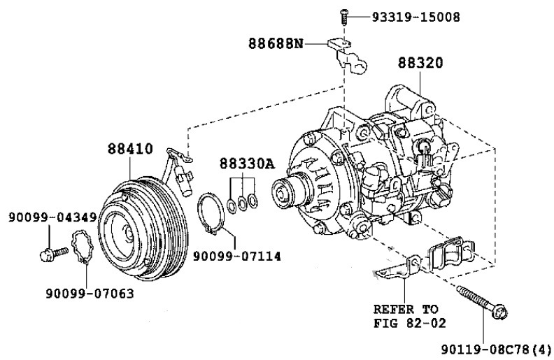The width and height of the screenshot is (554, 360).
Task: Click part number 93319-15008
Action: [416, 17]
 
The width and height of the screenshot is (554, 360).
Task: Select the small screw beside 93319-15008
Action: [343, 17]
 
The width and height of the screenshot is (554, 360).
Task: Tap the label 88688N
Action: [276, 44]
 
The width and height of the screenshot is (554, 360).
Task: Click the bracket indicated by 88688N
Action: [349, 56]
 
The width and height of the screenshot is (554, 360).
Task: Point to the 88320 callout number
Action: [420, 63]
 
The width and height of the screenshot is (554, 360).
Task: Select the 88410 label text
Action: [130, 149]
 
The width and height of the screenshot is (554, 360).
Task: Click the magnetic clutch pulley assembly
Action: [143, 229]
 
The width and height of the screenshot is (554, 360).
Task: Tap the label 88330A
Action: [247, 164]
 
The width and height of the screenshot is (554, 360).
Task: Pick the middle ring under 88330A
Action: [242, 203]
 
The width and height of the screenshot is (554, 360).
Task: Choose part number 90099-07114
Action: [236, 257]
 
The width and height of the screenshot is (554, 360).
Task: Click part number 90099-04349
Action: [52, 217]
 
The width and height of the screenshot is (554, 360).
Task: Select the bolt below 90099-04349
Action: [54, 254]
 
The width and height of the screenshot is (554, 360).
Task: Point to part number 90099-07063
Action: [90, 294]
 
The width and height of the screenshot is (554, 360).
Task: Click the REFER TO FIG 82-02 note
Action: [409, 316]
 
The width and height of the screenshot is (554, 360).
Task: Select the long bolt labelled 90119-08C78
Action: [482, 303]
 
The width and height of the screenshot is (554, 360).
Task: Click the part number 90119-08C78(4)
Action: [496, 350]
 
